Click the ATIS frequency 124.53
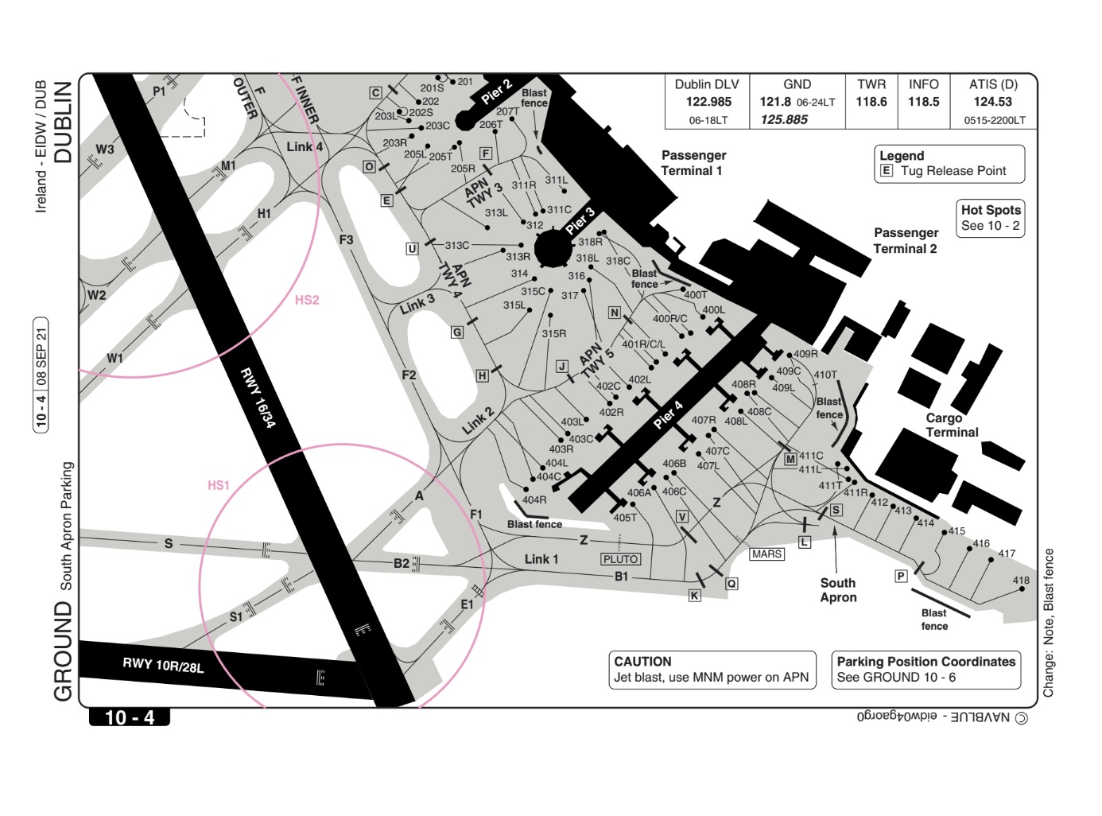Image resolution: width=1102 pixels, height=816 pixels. click(x=992, y=102)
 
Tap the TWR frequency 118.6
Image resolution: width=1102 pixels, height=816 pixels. click(x=871, y=102)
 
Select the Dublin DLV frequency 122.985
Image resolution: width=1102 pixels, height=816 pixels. click(x=708, y=102)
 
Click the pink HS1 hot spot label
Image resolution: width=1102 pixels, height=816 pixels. click(x=218, y=485)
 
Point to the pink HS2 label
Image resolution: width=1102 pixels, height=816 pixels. click(x=307, y=300)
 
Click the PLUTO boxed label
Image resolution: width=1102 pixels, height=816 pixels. click(x=620, y=559)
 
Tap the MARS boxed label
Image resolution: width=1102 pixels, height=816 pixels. click(x=766, y=554)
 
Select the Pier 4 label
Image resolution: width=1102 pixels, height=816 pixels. click(x=668, y=415)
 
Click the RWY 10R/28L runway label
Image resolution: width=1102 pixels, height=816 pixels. click(x=163, y=665)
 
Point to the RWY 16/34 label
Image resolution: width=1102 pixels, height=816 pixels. click(x=258, y=398)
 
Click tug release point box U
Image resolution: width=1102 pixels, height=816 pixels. click(x=412, y=248)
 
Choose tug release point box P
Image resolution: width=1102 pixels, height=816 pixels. click(x=901, y=576)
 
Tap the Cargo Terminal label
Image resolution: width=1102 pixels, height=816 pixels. click(x=952, y=425)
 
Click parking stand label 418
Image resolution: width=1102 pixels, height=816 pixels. click(x=1021, y=580)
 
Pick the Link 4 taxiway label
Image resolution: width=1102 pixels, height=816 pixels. click(x=305, y=147)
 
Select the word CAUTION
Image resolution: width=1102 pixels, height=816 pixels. click(x=642, y=662)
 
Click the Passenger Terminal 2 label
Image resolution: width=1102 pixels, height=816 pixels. click(x=906, y=240)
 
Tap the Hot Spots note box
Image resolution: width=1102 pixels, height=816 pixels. click(x=990, y=219)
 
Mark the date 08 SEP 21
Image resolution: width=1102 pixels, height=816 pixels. click(x=41, y=356)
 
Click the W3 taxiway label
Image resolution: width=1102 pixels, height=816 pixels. click(x=105, y=149)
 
